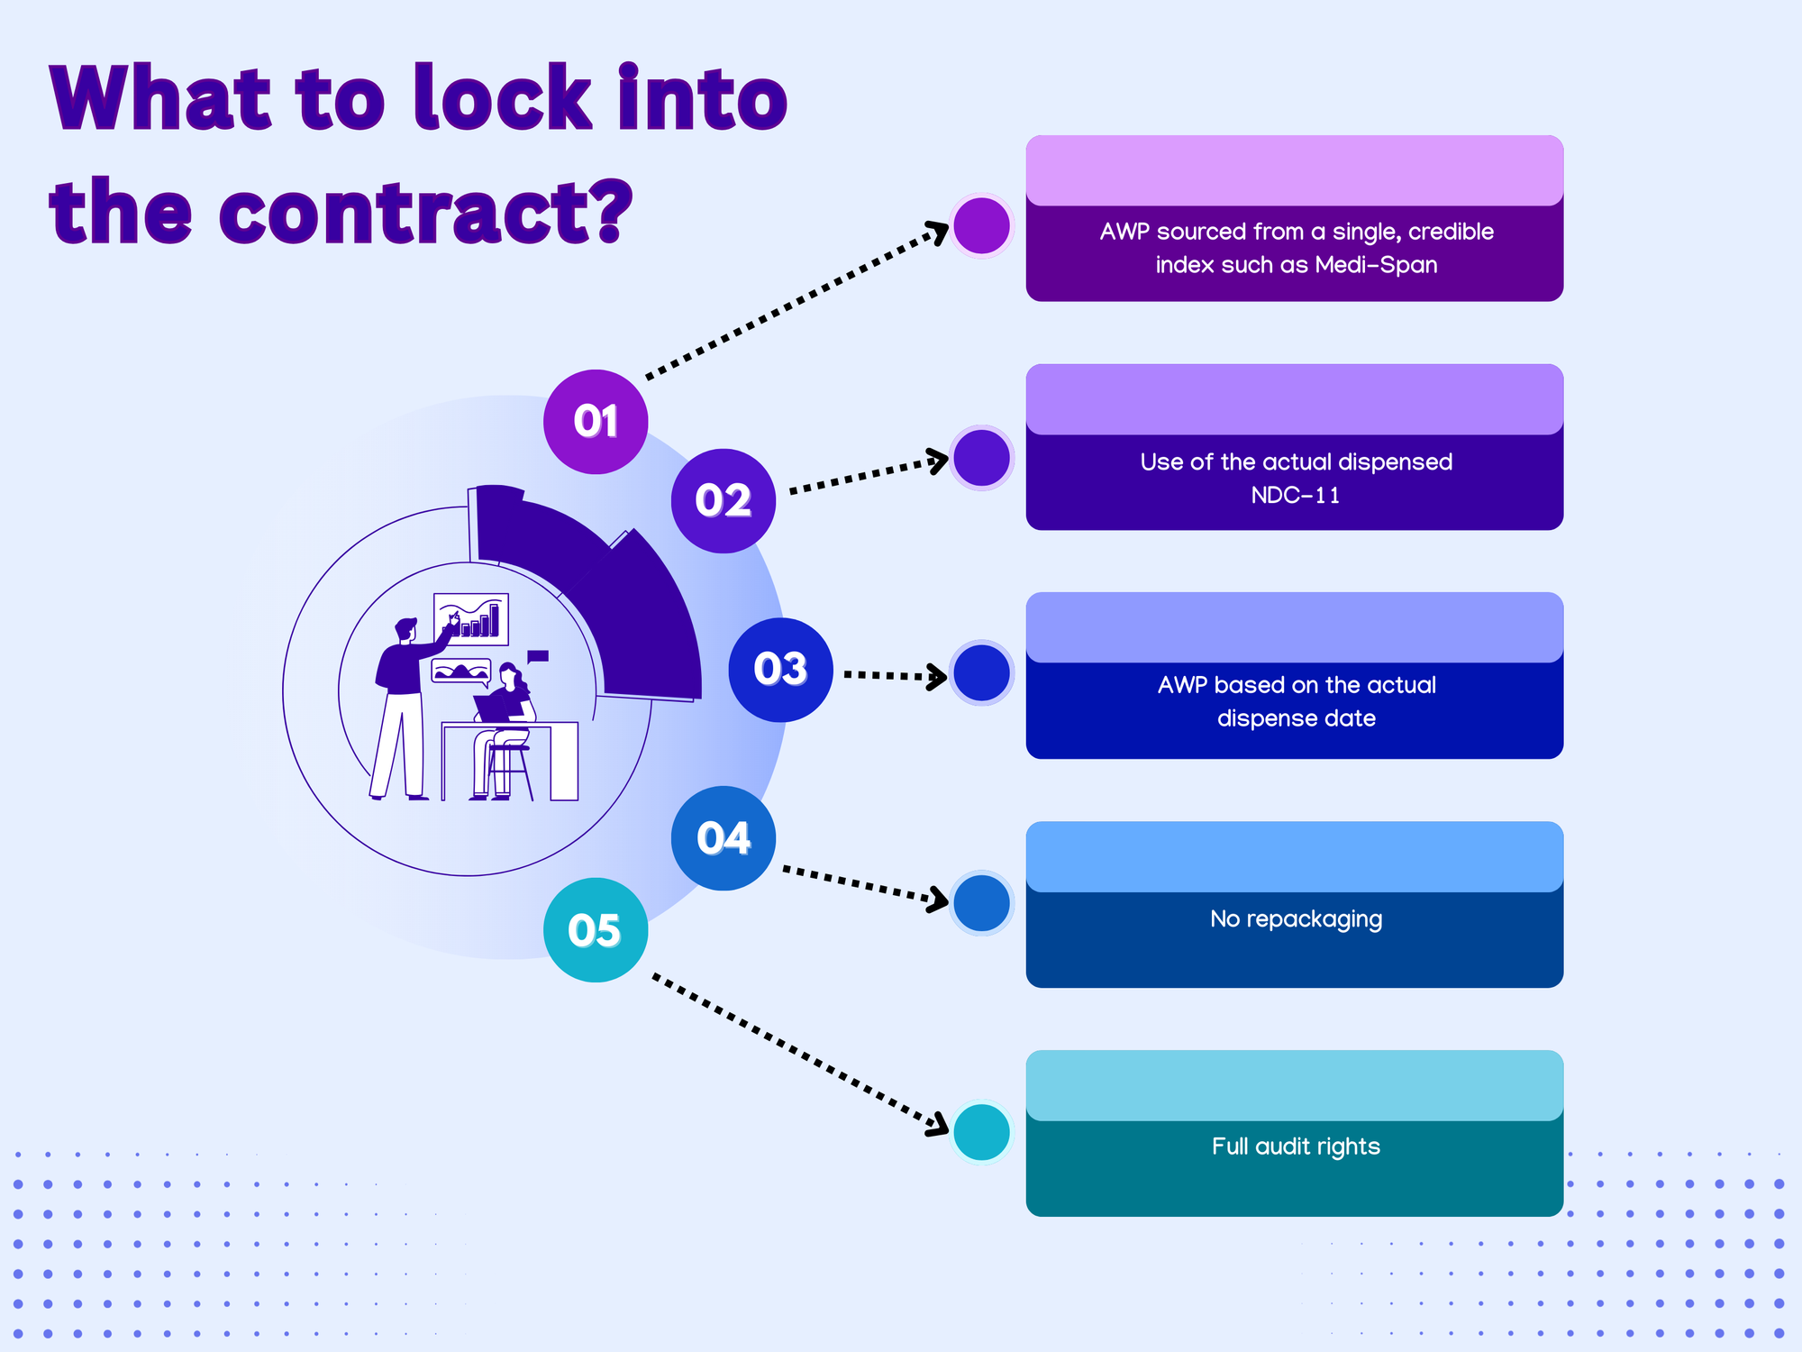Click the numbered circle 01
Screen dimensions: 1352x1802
coord(596,422)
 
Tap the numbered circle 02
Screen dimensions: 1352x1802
coord(724,501)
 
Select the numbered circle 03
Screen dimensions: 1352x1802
coord(780,670)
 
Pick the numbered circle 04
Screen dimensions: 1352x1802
coord(724,838)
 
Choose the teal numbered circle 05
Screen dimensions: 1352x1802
coord(596,930)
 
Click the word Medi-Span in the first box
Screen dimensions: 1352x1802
coord(1376,265)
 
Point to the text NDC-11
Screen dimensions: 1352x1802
coord(1296,496)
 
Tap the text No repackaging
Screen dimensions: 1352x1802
coord(1296,919)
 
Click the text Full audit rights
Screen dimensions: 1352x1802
coord(1296,1146)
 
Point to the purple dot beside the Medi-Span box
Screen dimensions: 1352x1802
coord(981,226)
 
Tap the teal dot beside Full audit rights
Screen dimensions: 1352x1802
coord(981,1132)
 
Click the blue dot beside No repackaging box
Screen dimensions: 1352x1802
coord(981,903)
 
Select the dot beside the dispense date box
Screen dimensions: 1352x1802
coord(981,673)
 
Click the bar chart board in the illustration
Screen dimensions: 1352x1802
coord(471,619)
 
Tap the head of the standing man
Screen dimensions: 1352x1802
coord(406,628)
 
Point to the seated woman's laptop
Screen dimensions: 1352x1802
coord(492,707)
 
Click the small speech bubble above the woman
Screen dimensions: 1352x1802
coord(538,657)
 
